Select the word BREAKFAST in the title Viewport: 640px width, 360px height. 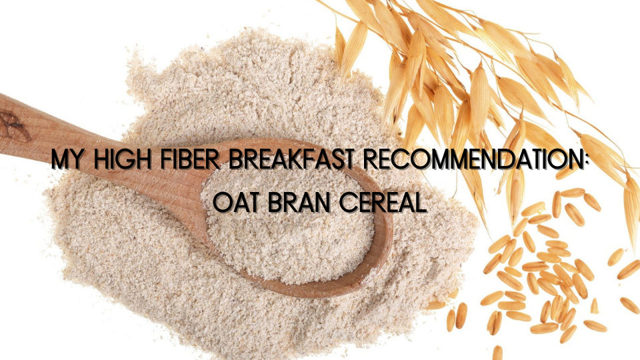pos(291,159)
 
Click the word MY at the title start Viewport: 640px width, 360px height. pos(68,159)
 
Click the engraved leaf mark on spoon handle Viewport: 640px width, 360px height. pos(13,127)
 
